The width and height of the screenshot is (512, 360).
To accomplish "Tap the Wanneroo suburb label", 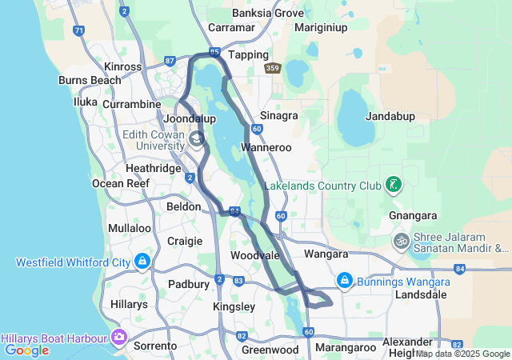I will click(266, 148).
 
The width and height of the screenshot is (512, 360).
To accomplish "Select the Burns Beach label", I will click(90, 81).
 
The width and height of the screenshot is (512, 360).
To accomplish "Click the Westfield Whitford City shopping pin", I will click(142, 262).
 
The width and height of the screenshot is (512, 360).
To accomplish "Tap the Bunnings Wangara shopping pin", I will click(345, 279).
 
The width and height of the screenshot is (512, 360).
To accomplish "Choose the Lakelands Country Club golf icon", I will click(393, 186).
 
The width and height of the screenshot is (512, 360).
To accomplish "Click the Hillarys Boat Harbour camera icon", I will click(120, 336).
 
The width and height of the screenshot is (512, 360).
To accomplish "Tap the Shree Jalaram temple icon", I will click(401, 240).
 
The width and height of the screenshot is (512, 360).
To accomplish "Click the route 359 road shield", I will click(273, 69).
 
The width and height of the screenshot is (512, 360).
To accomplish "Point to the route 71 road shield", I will click(78, 31).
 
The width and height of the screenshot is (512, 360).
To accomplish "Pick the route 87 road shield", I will click(170, 60).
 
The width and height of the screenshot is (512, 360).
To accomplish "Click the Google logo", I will click(26, 350).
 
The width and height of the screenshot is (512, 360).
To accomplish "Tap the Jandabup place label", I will click(390, 116).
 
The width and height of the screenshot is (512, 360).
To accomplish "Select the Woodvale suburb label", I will click(254, 255).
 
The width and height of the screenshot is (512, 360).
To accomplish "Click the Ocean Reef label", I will click(121, 183).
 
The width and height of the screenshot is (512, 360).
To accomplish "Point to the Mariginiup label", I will click(321, 26).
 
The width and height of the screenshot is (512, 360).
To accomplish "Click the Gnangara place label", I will click(412, 216).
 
